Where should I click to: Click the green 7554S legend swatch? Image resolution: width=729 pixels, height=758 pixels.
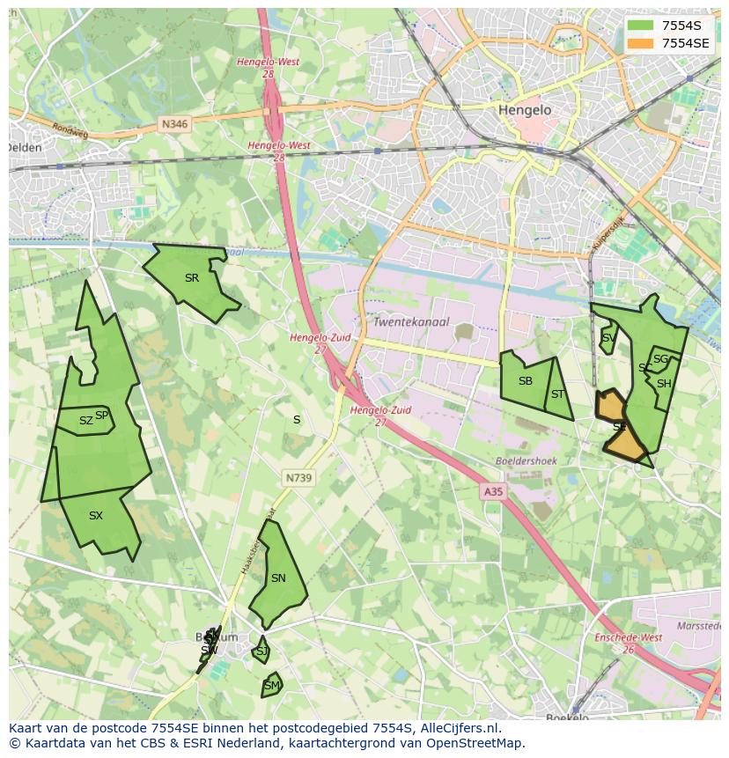pos(641,26)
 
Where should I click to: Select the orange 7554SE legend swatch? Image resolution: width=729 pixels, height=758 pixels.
pos(641,43)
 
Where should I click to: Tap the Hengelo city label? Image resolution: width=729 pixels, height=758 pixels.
pos(524,110)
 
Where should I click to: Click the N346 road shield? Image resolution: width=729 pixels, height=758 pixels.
pos(175,125)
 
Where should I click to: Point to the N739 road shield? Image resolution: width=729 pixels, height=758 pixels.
pos(298,478)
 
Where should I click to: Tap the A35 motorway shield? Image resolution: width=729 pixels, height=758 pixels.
pos(493,492)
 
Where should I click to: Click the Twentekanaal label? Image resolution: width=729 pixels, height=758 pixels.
pos(411,322)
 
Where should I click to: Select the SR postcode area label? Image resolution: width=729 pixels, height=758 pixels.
pos(192,278)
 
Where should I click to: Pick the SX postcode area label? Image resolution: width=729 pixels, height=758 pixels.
pos(96,516)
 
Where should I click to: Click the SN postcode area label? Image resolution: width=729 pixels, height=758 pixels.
pos(278,578)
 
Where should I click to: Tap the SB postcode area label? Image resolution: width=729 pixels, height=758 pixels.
pos(526,381)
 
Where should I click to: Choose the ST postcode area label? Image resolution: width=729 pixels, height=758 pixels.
pos(557,394)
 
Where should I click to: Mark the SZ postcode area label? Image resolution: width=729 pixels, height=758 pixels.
pos(85,421)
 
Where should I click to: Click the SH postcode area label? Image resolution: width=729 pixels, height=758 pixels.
pos(664,384)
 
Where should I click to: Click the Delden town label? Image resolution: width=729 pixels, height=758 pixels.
pos(24,148)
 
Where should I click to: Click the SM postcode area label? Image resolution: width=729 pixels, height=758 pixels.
pos(272,686)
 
